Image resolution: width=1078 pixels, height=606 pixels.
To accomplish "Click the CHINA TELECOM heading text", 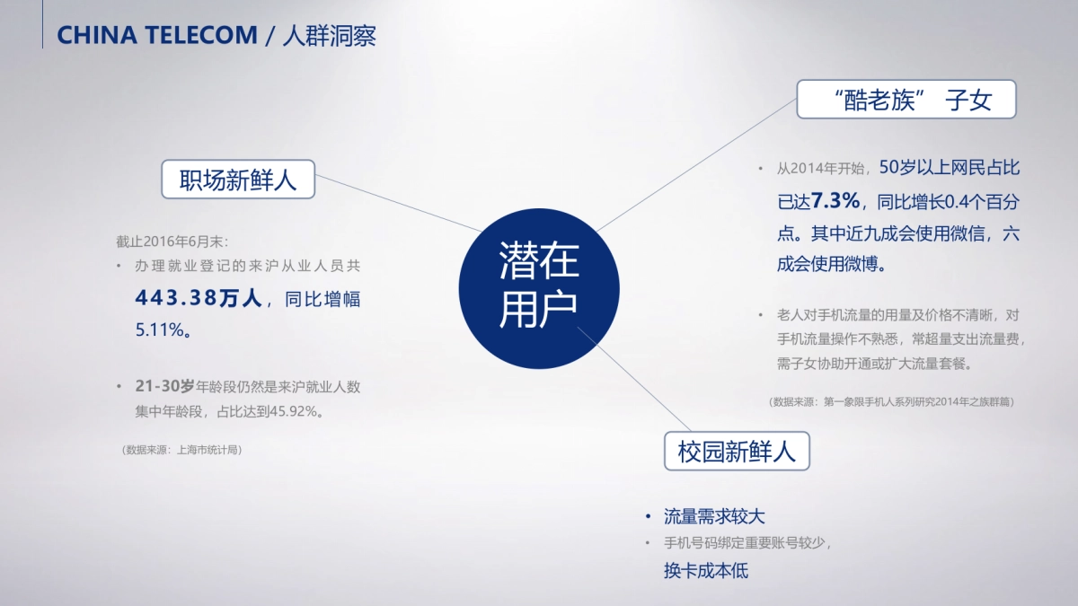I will coord(157,35).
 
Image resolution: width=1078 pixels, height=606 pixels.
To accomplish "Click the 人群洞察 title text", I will coord(329,35).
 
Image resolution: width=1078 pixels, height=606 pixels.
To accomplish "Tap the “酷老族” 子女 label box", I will coord(906,100).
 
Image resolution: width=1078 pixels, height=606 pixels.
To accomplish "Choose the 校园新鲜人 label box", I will coord(737,451).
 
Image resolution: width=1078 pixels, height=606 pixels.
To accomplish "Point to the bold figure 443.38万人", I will coord(198,298).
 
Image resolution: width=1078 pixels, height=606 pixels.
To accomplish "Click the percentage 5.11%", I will coord(163,329).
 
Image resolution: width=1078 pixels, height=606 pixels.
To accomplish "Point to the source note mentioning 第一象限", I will coord(891,402).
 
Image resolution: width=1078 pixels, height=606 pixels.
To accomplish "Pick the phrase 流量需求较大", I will coord(714,516).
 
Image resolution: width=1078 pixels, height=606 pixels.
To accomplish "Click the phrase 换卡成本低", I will coord(706,570).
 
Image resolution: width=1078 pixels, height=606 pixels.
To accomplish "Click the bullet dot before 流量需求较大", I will coord(648,516).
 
